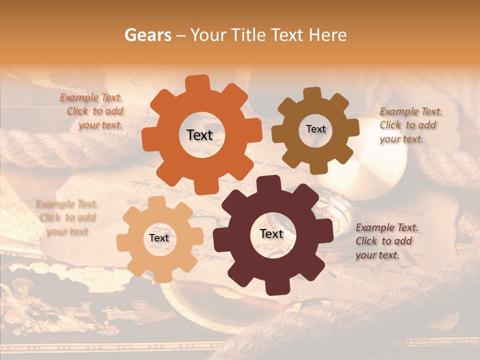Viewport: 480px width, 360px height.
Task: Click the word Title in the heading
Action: coord(249,35)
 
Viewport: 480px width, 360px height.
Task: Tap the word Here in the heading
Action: coord(327,35)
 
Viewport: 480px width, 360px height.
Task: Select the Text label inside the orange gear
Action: coord(199,135)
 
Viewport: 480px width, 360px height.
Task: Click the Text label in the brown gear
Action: coord(315,129)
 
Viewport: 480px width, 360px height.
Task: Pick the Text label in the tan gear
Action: coord(159,238)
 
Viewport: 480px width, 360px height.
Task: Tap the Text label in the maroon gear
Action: coord(271,233)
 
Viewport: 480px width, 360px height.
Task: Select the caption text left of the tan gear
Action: coord(67,217)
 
